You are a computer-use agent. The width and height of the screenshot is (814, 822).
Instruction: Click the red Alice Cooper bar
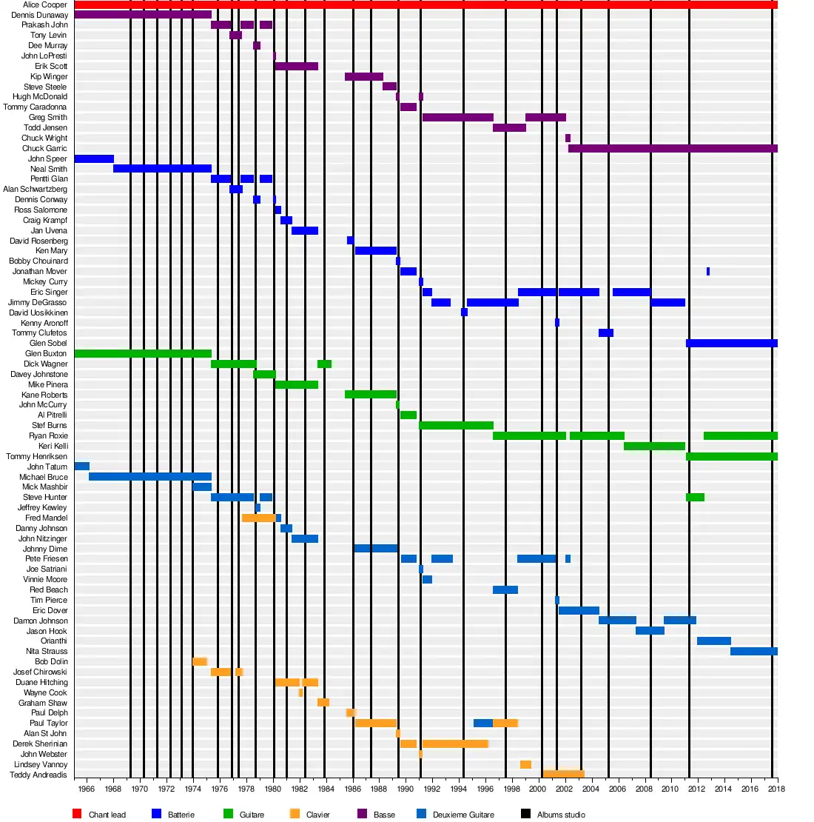[x=425, y=4]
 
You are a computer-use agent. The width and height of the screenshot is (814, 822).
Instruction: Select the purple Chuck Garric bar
[x=673, y=148]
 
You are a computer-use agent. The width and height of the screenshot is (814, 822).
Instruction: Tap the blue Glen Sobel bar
[x=731, y=343]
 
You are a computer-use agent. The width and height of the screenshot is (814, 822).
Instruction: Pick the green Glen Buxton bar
[x=143, y=353]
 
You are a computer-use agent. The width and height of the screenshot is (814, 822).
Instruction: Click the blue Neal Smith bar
[x=162, y=169]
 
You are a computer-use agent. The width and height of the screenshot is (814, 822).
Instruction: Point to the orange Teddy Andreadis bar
[x=563, y=774]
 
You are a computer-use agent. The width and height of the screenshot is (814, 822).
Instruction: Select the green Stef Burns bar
[x=456, y=425]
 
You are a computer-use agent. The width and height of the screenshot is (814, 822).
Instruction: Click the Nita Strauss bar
[x=753, y=651]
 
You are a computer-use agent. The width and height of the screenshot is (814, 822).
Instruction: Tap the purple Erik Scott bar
[x=296, y=66]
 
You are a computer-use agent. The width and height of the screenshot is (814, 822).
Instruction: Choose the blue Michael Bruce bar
[x=149, y=477]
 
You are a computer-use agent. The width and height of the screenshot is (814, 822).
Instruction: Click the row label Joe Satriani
[x=47, y=569]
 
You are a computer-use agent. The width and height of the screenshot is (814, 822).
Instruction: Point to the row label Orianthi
[x=54, y=641]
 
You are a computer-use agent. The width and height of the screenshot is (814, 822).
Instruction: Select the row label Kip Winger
[x=49, y=76]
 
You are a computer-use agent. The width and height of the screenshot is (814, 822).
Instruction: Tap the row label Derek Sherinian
[x=40, y=744]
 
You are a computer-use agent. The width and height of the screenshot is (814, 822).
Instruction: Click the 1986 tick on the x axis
[x=352, y=789]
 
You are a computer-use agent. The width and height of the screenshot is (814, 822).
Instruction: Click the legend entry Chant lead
[x=107, y=815]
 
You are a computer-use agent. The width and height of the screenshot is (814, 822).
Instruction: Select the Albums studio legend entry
[x=561, y=815]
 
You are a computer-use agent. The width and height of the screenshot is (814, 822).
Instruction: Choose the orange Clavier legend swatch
[x=295, y=814]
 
